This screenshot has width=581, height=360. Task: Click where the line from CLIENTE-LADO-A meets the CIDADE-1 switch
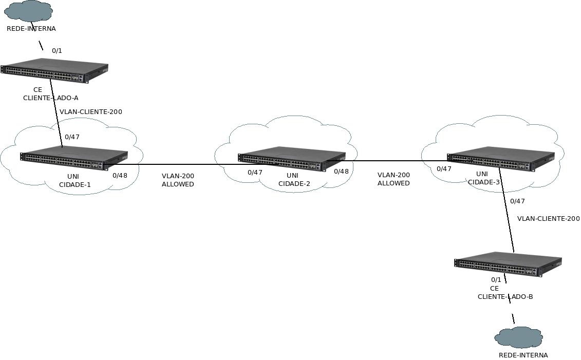[x=62, y=147]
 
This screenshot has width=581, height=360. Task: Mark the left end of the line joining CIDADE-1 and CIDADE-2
[x=103, y=164]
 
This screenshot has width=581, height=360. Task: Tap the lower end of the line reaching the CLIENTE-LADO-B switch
[x=514, y=252]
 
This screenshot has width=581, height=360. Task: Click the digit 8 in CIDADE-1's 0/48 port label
[x=125, y=176]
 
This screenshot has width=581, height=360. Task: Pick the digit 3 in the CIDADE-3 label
[x=497, y=182]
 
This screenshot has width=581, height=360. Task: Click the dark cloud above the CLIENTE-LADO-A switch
[x=29, y=11]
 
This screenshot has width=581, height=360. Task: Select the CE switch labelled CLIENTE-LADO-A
[x=54, y=71]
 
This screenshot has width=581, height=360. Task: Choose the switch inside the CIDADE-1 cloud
[x=74, y=159]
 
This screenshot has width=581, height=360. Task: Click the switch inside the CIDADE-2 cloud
[x=292, y=159]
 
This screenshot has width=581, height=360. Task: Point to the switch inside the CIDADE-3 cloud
[x=500, y=159]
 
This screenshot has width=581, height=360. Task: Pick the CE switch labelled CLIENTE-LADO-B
[x=508, y=264]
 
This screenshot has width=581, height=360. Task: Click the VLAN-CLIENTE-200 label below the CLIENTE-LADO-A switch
[x=91, y=112]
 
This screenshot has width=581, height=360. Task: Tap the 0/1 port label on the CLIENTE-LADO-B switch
[x=496, y=280]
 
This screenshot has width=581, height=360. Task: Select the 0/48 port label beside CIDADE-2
[x=341, y=172]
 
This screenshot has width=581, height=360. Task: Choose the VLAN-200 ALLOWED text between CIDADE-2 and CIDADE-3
[x=393, y=179]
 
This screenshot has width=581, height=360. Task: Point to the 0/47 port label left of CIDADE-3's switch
[x=444, y=169]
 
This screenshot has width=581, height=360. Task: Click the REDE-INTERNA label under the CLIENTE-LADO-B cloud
[x=523, y=355]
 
